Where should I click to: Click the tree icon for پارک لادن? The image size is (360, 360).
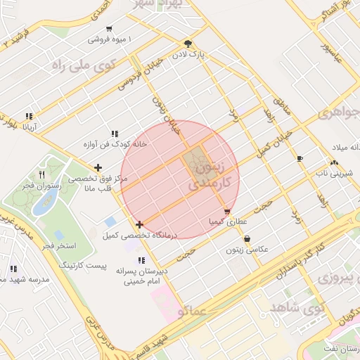tap(187, 43)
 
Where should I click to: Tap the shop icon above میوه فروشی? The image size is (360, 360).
tap(109, 29)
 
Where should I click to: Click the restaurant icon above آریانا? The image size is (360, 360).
tap(29, 117)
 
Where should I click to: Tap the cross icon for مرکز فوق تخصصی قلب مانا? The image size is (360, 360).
tap(98, 167)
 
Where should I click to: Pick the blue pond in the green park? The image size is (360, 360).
tap(46, 201)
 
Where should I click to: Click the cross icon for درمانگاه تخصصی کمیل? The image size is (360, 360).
tap(140, 224)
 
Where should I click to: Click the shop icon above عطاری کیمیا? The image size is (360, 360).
tap(226, 211)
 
